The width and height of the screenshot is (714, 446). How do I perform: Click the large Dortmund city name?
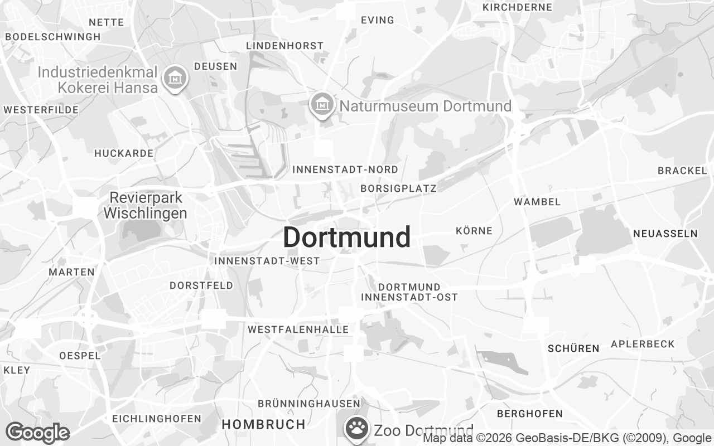(x=346, y=237)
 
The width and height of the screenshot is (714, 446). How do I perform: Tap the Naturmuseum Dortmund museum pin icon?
(x=322, y=104)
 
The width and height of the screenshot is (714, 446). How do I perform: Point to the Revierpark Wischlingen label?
(x=146, y=205)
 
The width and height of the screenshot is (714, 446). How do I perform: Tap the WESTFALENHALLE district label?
(x=298, y=329)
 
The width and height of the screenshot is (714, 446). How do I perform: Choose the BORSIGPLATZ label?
(x=398, y=188)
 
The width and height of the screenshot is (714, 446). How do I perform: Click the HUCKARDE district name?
(x=124, y=153)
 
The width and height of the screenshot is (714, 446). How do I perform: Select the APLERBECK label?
(x=643, y=344)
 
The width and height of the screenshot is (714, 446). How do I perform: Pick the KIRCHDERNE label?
(x=517, y=7)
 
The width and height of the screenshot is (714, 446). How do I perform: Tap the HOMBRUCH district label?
(x=263, y=424)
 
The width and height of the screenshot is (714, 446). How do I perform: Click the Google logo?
(x=37, y=433)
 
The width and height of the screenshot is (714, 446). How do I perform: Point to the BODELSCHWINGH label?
(x=53, y=37)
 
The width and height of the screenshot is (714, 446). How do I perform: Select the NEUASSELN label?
(x=665, y=234)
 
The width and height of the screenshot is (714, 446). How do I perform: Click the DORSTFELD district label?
(x=201, y=285)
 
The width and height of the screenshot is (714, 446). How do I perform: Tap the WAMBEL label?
(x=537, y=202)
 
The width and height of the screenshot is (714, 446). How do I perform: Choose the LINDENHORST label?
(x=284, y=46)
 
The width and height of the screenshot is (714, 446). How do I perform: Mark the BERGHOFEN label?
(x=529, y=414)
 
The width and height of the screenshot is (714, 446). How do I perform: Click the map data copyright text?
(x=566, y=438)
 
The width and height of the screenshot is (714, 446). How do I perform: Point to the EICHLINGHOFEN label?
(x=157, y=418)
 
